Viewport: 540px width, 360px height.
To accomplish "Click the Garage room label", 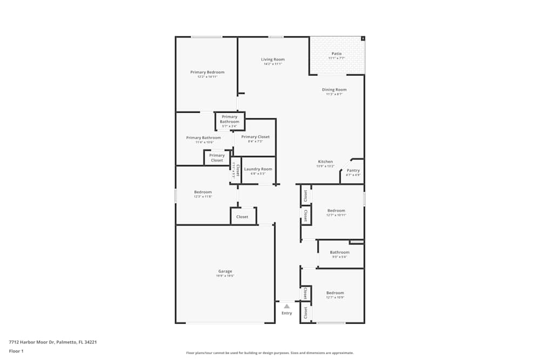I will pos(225,271).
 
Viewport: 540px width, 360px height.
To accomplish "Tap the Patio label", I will pos(336,53).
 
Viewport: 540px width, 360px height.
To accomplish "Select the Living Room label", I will pos(273,59).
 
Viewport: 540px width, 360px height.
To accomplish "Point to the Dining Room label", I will pos(334,90).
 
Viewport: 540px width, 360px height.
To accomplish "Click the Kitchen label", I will pos(325,162).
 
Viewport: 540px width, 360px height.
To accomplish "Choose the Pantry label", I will pos(353,171).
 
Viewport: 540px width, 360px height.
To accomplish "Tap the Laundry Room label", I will pos(258,169).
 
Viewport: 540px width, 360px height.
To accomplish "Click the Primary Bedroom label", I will pos(207,72).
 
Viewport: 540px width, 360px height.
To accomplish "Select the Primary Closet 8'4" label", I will pos(255,137).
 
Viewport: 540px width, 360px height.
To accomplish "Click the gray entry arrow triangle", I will pos(287,306).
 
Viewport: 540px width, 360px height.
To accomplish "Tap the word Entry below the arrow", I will pos(287,313).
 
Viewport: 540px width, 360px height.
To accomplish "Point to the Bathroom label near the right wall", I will pos(340,252).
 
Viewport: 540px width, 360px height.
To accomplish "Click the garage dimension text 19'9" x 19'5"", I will pos(225,276).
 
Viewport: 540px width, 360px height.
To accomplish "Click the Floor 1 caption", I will pos(16,351).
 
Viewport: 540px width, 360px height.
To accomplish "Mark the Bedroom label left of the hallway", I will pos(203,192).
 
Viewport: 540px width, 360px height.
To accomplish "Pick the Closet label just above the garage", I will pos(242,217).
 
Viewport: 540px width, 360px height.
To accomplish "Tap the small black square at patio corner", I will pos(363,38).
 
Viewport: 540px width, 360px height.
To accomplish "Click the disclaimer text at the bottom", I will pos(269,352).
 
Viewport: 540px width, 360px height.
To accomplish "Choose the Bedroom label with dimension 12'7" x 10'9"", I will pos(335,293).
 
